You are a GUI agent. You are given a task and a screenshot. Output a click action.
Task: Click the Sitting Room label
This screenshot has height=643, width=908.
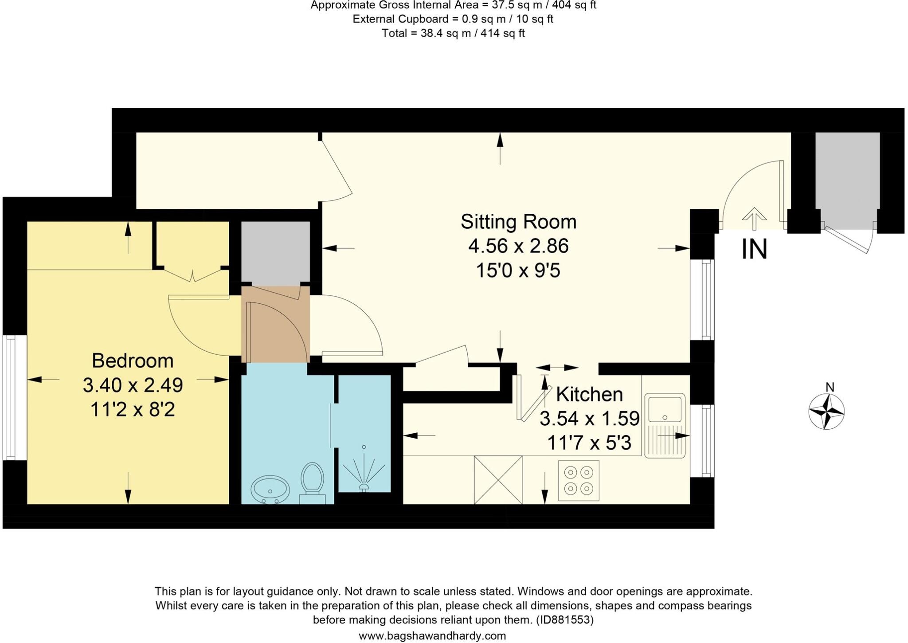[518, 222]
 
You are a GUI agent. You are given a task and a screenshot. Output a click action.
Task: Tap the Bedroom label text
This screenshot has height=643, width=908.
[133, 361]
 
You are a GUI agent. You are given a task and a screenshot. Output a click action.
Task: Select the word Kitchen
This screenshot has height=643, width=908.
[589, 394]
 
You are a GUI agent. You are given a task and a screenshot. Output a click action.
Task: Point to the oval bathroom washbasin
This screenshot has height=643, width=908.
[270, 490]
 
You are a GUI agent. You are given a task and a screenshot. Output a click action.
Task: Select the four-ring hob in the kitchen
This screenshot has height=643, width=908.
[579, 481]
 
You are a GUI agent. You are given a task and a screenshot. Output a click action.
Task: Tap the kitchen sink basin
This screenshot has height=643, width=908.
[665, 409]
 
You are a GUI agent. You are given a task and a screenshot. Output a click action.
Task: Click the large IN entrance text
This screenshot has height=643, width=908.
[754, 250]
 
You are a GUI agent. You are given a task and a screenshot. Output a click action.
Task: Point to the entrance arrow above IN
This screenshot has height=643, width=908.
[754, 218]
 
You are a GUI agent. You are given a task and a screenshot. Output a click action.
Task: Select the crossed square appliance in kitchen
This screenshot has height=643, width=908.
[498, 480]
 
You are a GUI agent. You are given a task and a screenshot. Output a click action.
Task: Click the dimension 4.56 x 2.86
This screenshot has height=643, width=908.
[518, 246]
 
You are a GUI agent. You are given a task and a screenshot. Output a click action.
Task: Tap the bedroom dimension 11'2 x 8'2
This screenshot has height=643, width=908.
[133, 409]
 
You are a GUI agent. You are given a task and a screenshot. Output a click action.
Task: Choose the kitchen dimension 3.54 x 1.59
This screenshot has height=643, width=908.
[589, 418]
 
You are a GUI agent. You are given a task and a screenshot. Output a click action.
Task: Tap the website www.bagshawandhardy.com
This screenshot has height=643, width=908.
[432, 636]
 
